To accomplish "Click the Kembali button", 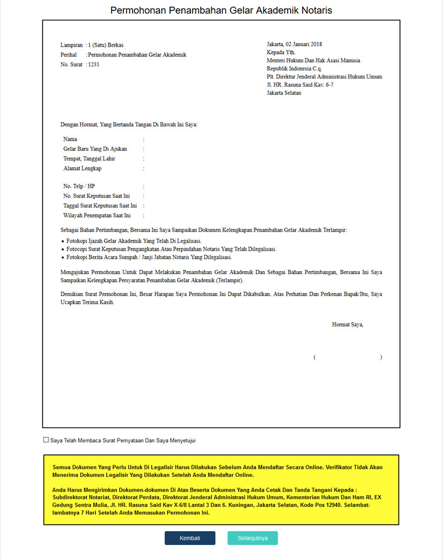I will pyautogui.click(x=190, y=538).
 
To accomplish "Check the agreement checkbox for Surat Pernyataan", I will pyautogui.click(x=46, y=440).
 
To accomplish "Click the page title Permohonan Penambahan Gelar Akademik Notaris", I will pyautogui.click(x=221, y=10).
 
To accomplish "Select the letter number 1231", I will pyautogui.click(x=94, y=65).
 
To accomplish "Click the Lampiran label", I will pyautogui.click(x=72, y=45).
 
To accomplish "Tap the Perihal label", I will pyautogui.click(x=69, y=55).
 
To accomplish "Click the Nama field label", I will pyautogui.click(x=70, y=140).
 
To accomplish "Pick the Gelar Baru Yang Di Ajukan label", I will pyautogui.click(x=95, y=149).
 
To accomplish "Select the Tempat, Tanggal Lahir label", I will pyautogui.click(x=89, y=159).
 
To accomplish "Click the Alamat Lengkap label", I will pyautogui.click(x=83, y=169).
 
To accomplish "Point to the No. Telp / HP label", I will pyautogui.click(x=79, y=186).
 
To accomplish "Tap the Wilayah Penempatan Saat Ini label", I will pyautogui.click(x=97, y=215).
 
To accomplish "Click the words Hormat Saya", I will pyautogui.click(x=348, y=325).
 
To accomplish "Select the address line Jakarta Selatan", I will pyautogui.click(x=284, y=93).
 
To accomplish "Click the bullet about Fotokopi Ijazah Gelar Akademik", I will pyautogui.click(x=134, y=241).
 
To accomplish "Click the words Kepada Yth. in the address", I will pyautogui.click(x=281, y=52).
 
